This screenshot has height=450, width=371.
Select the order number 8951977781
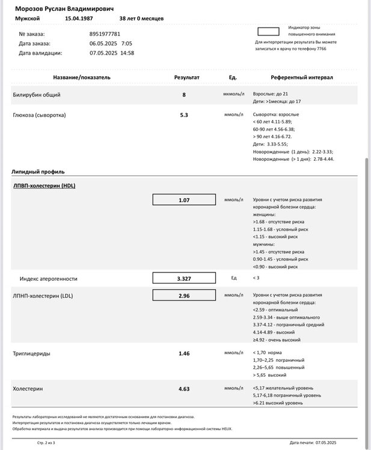click(105, 34)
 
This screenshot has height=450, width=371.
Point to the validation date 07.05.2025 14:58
click(111, 53)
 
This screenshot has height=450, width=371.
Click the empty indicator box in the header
click(268, 31)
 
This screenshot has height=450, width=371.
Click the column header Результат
click(186, 77)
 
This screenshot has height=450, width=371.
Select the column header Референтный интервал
click(301, 77)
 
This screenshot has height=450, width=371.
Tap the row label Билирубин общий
click(37, 95)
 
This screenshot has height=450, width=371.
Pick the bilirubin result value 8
click(184, 95)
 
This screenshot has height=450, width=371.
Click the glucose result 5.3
click(184, 115)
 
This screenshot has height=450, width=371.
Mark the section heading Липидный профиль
click(38, 172)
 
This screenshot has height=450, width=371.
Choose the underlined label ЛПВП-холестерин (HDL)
click(44, 185)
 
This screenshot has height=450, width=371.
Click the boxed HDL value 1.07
click(184, 200)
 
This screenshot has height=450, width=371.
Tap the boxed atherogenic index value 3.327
click(184, 278)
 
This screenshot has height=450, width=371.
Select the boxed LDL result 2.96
click(184, 295)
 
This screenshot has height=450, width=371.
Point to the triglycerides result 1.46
click(184, 353)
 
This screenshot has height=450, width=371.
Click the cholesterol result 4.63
click(184, 389)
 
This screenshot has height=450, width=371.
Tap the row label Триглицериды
click(31, 353)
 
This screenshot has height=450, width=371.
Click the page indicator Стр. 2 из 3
click(45, 443)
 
